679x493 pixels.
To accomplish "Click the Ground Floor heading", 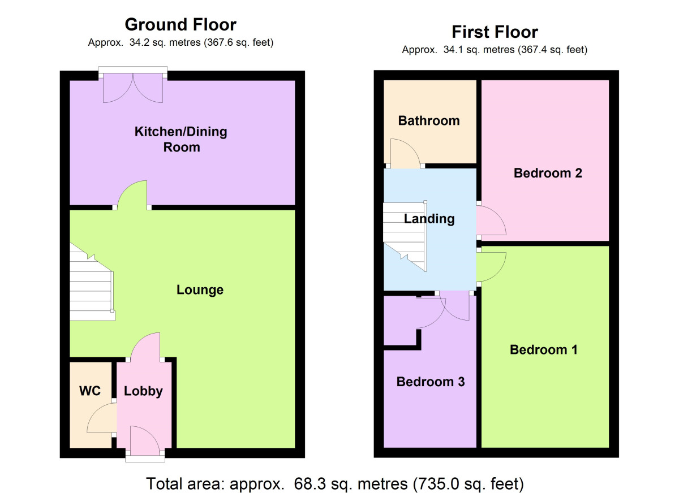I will click(180, 25).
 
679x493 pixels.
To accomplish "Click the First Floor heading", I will click(494, 32).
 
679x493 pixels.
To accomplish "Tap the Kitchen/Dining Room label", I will click(181, 140).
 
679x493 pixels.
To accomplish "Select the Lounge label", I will click(200, 290).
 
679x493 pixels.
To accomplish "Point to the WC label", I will click(91, 391).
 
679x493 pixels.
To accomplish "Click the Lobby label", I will click(143, 391).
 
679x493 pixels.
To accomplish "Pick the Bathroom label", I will click(428, 120).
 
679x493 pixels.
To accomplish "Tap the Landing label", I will click(429, 219).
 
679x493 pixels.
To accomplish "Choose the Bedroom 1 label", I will click(543, 350).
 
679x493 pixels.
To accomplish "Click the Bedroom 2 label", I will click(548, 173).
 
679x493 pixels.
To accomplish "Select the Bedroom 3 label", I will click(430, 382).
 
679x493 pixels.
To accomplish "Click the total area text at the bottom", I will click(335, 484).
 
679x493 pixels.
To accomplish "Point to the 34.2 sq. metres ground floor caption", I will click(181, 42).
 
